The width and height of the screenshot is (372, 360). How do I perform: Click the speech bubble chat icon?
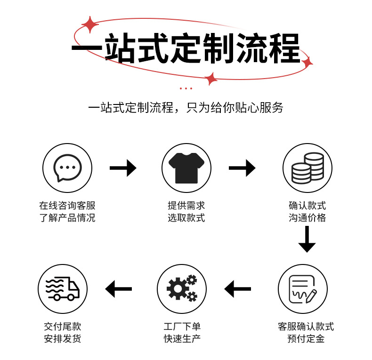[x=67, y=168]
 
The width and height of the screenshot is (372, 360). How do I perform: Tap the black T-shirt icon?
[x=186, y=168]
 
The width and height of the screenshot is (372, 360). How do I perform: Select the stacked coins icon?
[x=307, y=168]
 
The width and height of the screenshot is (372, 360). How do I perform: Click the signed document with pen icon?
[x=302, y=288]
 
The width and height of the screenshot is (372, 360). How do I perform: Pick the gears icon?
[x=181, y=288]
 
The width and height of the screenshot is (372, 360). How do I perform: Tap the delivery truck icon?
[x=63, y=288]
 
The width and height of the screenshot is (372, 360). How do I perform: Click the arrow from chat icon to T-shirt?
[x=123, y=168]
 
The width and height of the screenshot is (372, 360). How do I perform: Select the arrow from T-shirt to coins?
[x=242, y=168]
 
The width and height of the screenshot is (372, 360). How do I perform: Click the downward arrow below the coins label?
[x=307, y=239]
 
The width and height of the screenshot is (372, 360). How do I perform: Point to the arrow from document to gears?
[x=238, y=288]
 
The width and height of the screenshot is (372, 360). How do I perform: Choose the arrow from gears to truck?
[x=119, y=288]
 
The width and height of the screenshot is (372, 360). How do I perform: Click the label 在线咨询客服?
[x=67, y=206]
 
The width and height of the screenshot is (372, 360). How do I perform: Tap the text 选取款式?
[x=186, y=218]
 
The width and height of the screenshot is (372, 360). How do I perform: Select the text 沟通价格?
[x=307, y=218]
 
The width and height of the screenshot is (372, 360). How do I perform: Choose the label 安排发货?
[x=63, y=339]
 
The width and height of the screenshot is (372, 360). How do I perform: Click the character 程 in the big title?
[x=282, y=48]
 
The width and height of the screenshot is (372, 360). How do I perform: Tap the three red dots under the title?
[x=186, y=88]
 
